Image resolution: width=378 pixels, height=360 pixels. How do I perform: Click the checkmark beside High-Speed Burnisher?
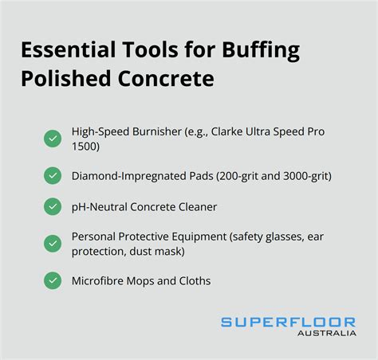pos(53,139)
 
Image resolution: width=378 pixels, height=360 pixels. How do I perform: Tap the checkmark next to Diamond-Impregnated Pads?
pos(53,175)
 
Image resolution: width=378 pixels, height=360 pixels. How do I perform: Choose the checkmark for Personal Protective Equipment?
pos(53,243)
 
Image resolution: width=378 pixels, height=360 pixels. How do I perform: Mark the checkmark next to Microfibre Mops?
pos(53,280)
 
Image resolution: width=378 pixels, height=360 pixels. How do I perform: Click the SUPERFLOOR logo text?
pos(288,322)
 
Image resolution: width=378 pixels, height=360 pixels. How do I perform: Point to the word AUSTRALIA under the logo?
pos(327,333)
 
